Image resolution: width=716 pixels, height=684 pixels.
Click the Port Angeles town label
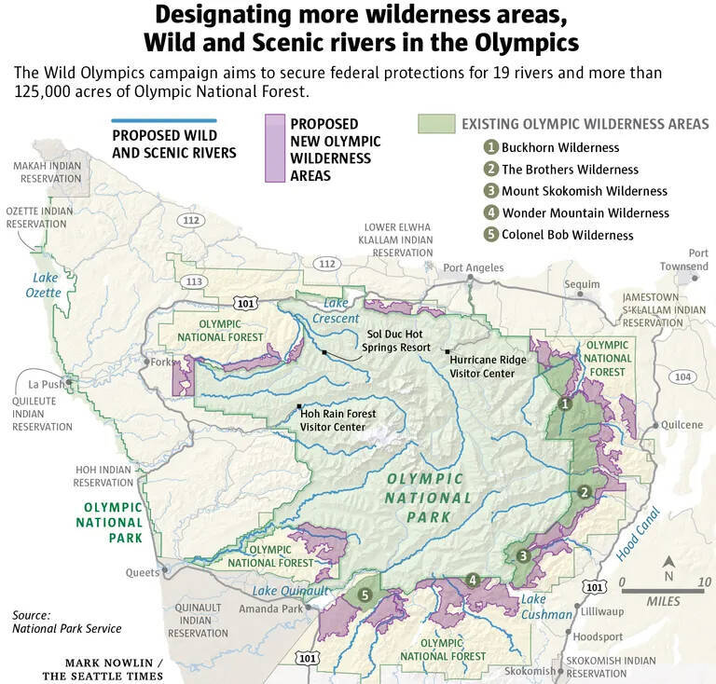[x=473, y=268]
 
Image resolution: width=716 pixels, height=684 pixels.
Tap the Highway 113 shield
[x=194, y=281]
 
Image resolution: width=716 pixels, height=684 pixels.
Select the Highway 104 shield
[x=682, y=376]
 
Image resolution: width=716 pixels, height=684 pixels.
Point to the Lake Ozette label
[x=46, y=285]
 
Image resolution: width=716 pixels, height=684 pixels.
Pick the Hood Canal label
[x=637, y=533]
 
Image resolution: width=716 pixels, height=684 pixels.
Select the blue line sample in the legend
[x=163, y=120]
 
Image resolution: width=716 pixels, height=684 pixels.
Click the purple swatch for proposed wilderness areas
[x=274, y=147]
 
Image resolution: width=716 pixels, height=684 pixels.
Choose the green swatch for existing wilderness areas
[x=434, y=124]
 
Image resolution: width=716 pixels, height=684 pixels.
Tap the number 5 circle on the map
[x=365, y=595]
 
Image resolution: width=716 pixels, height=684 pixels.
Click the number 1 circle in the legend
[x=490, y=147]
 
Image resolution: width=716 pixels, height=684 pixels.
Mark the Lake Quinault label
[x=292, y=591]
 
